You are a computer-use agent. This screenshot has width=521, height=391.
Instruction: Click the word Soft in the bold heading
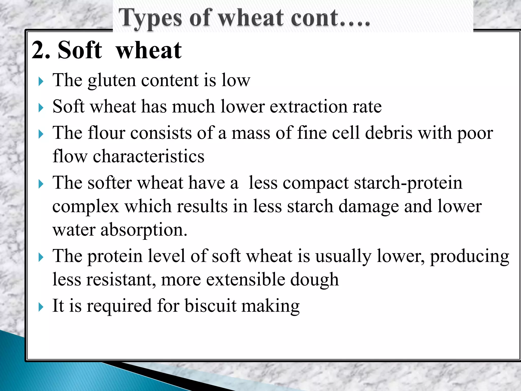(80, 50)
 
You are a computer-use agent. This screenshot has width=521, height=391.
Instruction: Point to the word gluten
(112, 80)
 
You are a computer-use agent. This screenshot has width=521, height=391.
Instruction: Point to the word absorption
(144, 230)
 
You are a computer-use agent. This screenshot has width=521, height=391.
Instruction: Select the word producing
(469, 256)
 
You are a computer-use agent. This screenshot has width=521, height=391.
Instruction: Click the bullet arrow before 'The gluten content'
(41, 82)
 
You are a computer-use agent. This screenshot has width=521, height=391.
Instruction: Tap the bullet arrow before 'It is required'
(41, 307)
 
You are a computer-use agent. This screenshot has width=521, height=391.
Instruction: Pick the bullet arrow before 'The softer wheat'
(41, 184)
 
